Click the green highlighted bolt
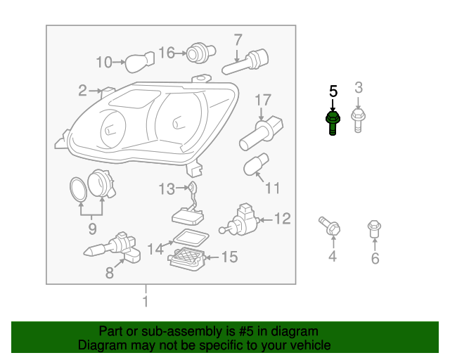(333, 124)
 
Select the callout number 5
(333, 91)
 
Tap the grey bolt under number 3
(358, 120)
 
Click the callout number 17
(263, 100)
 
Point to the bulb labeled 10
(140, 62)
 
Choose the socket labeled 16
(200, 53)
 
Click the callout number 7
(238, 39)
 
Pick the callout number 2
(82, 91)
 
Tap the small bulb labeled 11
(256, 165)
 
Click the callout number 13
(167, 189)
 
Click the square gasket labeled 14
(191, 237)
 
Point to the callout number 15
(230, 257)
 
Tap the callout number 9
(92, 229)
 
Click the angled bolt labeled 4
(330, 226)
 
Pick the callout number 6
(375, 258)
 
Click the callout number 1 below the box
(146, 302)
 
